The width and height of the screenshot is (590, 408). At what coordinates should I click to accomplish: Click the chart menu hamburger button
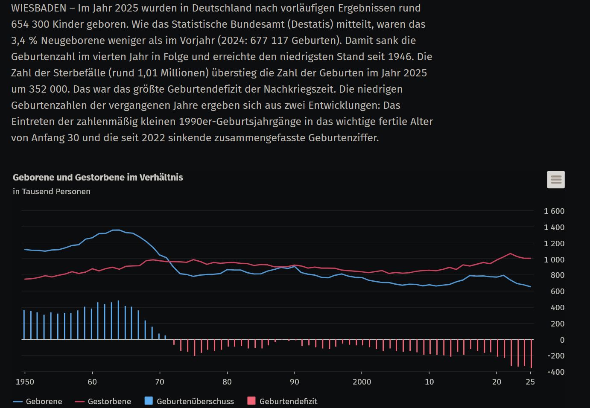[x=556, y=180]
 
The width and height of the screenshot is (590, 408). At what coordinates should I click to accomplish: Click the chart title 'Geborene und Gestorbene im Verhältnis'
[x=98, y=178]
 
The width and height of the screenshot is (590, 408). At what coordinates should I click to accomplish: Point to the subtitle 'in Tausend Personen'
[x=52, y=191]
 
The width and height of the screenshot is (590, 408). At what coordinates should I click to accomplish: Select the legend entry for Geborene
[x=38, y=401]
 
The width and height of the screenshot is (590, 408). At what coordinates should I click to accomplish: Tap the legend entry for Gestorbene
[x=103, y=401]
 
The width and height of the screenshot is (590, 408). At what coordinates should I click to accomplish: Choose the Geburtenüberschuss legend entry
[x=189, y=401]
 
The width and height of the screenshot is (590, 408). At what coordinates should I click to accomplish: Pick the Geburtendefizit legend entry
[x=282, y=401]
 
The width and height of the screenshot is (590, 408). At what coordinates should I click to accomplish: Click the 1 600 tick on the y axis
[x=554, y=211]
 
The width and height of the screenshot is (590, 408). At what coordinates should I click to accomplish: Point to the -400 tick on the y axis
[x=556, y=372]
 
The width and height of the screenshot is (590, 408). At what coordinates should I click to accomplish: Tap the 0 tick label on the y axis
[x=562, y=340]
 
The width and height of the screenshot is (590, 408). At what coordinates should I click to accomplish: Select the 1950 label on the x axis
[x=25, y=382]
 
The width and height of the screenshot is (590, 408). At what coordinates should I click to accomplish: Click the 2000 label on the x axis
[x=362, y=382]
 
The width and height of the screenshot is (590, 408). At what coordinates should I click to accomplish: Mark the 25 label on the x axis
[x=530, y=382]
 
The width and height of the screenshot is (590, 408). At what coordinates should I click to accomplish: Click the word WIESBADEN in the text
[x=39, y=8]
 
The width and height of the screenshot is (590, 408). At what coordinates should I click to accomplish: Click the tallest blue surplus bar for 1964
[x=118, y=320]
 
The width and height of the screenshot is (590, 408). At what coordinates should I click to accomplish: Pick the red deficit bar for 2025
[x=531, y=353]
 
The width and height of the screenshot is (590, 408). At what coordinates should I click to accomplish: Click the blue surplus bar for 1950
[x=24, y=324]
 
